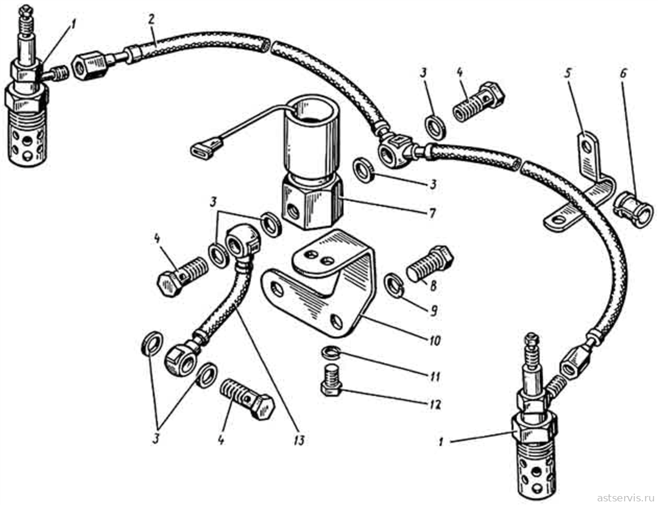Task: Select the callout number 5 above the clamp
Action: pyautogui.click(x=567, y=75)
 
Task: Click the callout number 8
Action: pyautogui.click(x=432, y=286)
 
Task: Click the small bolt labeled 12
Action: pyautogui.click(x=333, y=380)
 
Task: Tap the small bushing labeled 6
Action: pyautogui.click(x=633, y=210)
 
